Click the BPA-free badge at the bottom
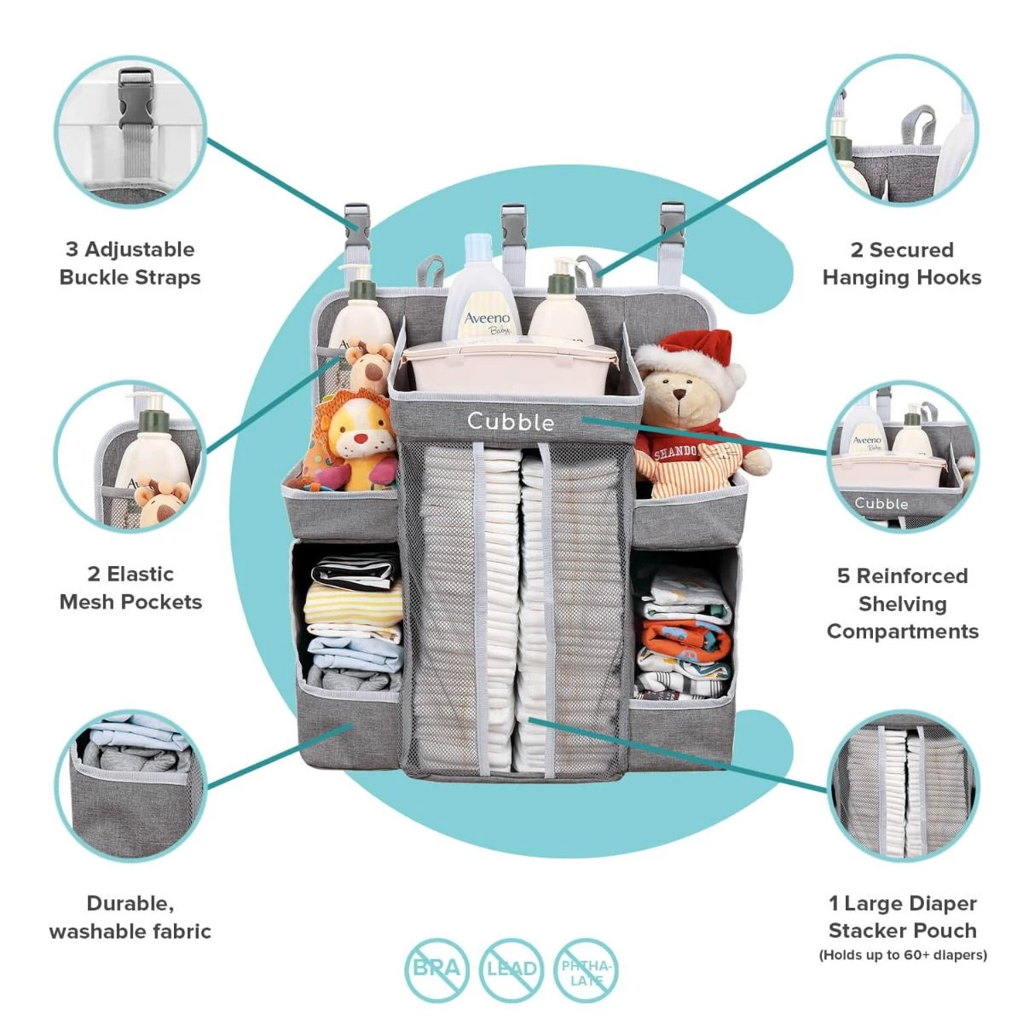pos(436,968)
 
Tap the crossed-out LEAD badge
pos(511,968)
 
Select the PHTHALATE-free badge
pos(586,971)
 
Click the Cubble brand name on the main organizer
pos(510,420)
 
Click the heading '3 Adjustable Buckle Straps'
pos(130,263)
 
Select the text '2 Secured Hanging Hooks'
pos(901,263)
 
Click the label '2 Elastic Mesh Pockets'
pos(130,587)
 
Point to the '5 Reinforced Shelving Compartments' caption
pos(902,604)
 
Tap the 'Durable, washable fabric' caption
pos(130,917)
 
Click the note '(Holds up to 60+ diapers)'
pos(902,955)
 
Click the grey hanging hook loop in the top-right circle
pos(918,125)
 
